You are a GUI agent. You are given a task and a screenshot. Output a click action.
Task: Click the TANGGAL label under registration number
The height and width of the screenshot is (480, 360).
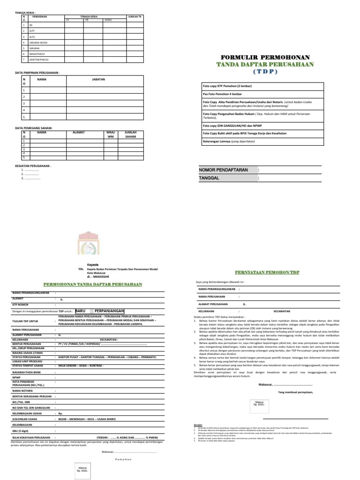(x=210, y=178)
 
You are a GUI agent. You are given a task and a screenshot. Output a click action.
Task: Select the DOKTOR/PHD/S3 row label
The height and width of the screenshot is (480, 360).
(x=39, y=60)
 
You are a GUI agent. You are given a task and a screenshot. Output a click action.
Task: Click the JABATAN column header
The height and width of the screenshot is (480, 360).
(x=98, y=80)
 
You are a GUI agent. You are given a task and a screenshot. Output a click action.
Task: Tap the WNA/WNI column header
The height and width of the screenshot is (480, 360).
(x=111, y=135)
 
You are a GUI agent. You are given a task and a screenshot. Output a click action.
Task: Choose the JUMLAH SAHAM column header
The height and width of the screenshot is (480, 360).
(x=130, y=135)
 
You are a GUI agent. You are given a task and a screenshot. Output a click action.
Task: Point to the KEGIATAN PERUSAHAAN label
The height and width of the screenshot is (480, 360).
(x=33, y=165)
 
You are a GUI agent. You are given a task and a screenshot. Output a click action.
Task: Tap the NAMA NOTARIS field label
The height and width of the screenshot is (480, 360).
(x=23, y=390)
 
